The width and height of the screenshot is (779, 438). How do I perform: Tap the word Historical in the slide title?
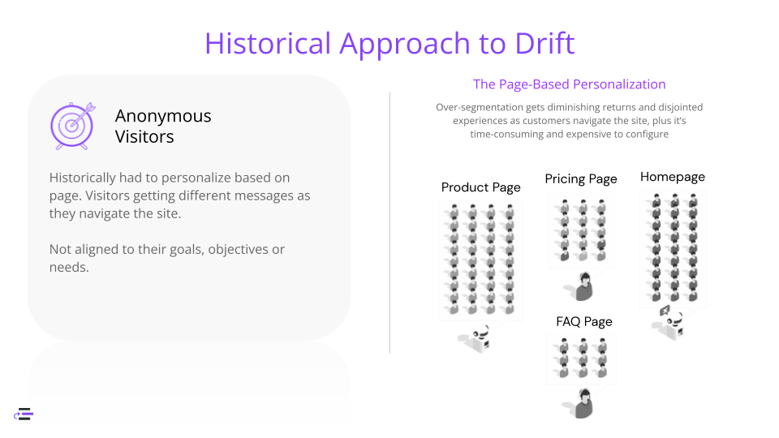pos(268,43)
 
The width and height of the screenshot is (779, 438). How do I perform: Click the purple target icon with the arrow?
pos(72,125)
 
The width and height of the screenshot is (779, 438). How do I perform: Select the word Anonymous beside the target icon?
pos(163,116)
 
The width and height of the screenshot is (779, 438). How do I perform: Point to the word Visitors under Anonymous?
pos(144,137)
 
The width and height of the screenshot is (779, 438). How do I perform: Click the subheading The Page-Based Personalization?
pos(569,84)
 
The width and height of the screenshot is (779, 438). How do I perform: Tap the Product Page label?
pos(480,187)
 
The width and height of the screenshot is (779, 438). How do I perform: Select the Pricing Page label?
pos(581,179)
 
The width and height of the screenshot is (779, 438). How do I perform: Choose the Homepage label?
pos(672,177)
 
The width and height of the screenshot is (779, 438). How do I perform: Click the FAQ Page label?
pos(583,322)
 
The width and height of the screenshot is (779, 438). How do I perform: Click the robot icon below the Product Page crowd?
pos(478,337)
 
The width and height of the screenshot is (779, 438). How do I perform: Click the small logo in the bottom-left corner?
pos(24,414)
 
